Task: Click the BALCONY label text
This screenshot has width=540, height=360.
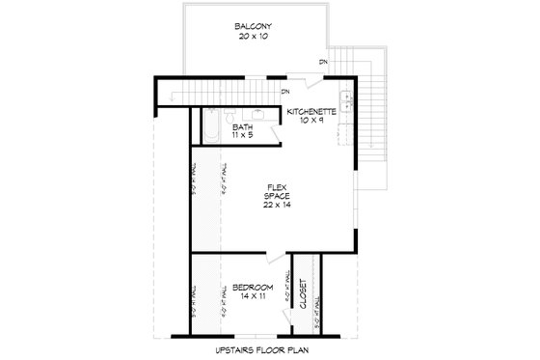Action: pos(253,26)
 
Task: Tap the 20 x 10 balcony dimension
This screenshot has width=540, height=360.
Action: pos(253,37)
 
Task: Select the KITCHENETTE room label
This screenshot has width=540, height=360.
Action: pos(310,112)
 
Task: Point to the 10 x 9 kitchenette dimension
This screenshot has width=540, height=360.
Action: pos(310,122)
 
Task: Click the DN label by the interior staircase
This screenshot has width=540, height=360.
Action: pos(286,93)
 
